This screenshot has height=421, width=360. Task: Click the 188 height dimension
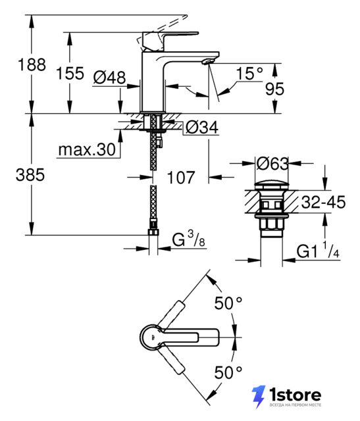point(32,64)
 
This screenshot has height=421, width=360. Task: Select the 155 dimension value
point(70,73)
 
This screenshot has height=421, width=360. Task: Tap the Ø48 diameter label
point(109,78)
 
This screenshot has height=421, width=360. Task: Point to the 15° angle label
point(249,73)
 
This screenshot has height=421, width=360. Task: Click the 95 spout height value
point(274,89)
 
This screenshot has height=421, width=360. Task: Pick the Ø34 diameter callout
point(202,127)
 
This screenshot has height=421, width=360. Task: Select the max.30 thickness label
point(87,149)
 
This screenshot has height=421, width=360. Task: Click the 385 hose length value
point(30,175)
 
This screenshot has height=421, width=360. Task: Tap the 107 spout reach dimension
point(180,178)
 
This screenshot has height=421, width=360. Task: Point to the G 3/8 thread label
point(188,239)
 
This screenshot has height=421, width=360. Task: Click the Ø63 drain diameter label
point(272,164)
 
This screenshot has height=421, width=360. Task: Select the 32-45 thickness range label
point(323,202)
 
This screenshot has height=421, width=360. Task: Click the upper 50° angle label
point(228,303)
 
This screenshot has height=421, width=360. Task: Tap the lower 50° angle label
point(228,372)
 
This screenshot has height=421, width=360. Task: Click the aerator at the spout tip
point(207,62)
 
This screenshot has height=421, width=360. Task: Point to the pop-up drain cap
point(272,186)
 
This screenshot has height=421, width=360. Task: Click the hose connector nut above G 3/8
point(153,232)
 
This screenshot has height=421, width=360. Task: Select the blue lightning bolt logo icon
point(259,397)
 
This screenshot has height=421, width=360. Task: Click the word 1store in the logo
point(295,395)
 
